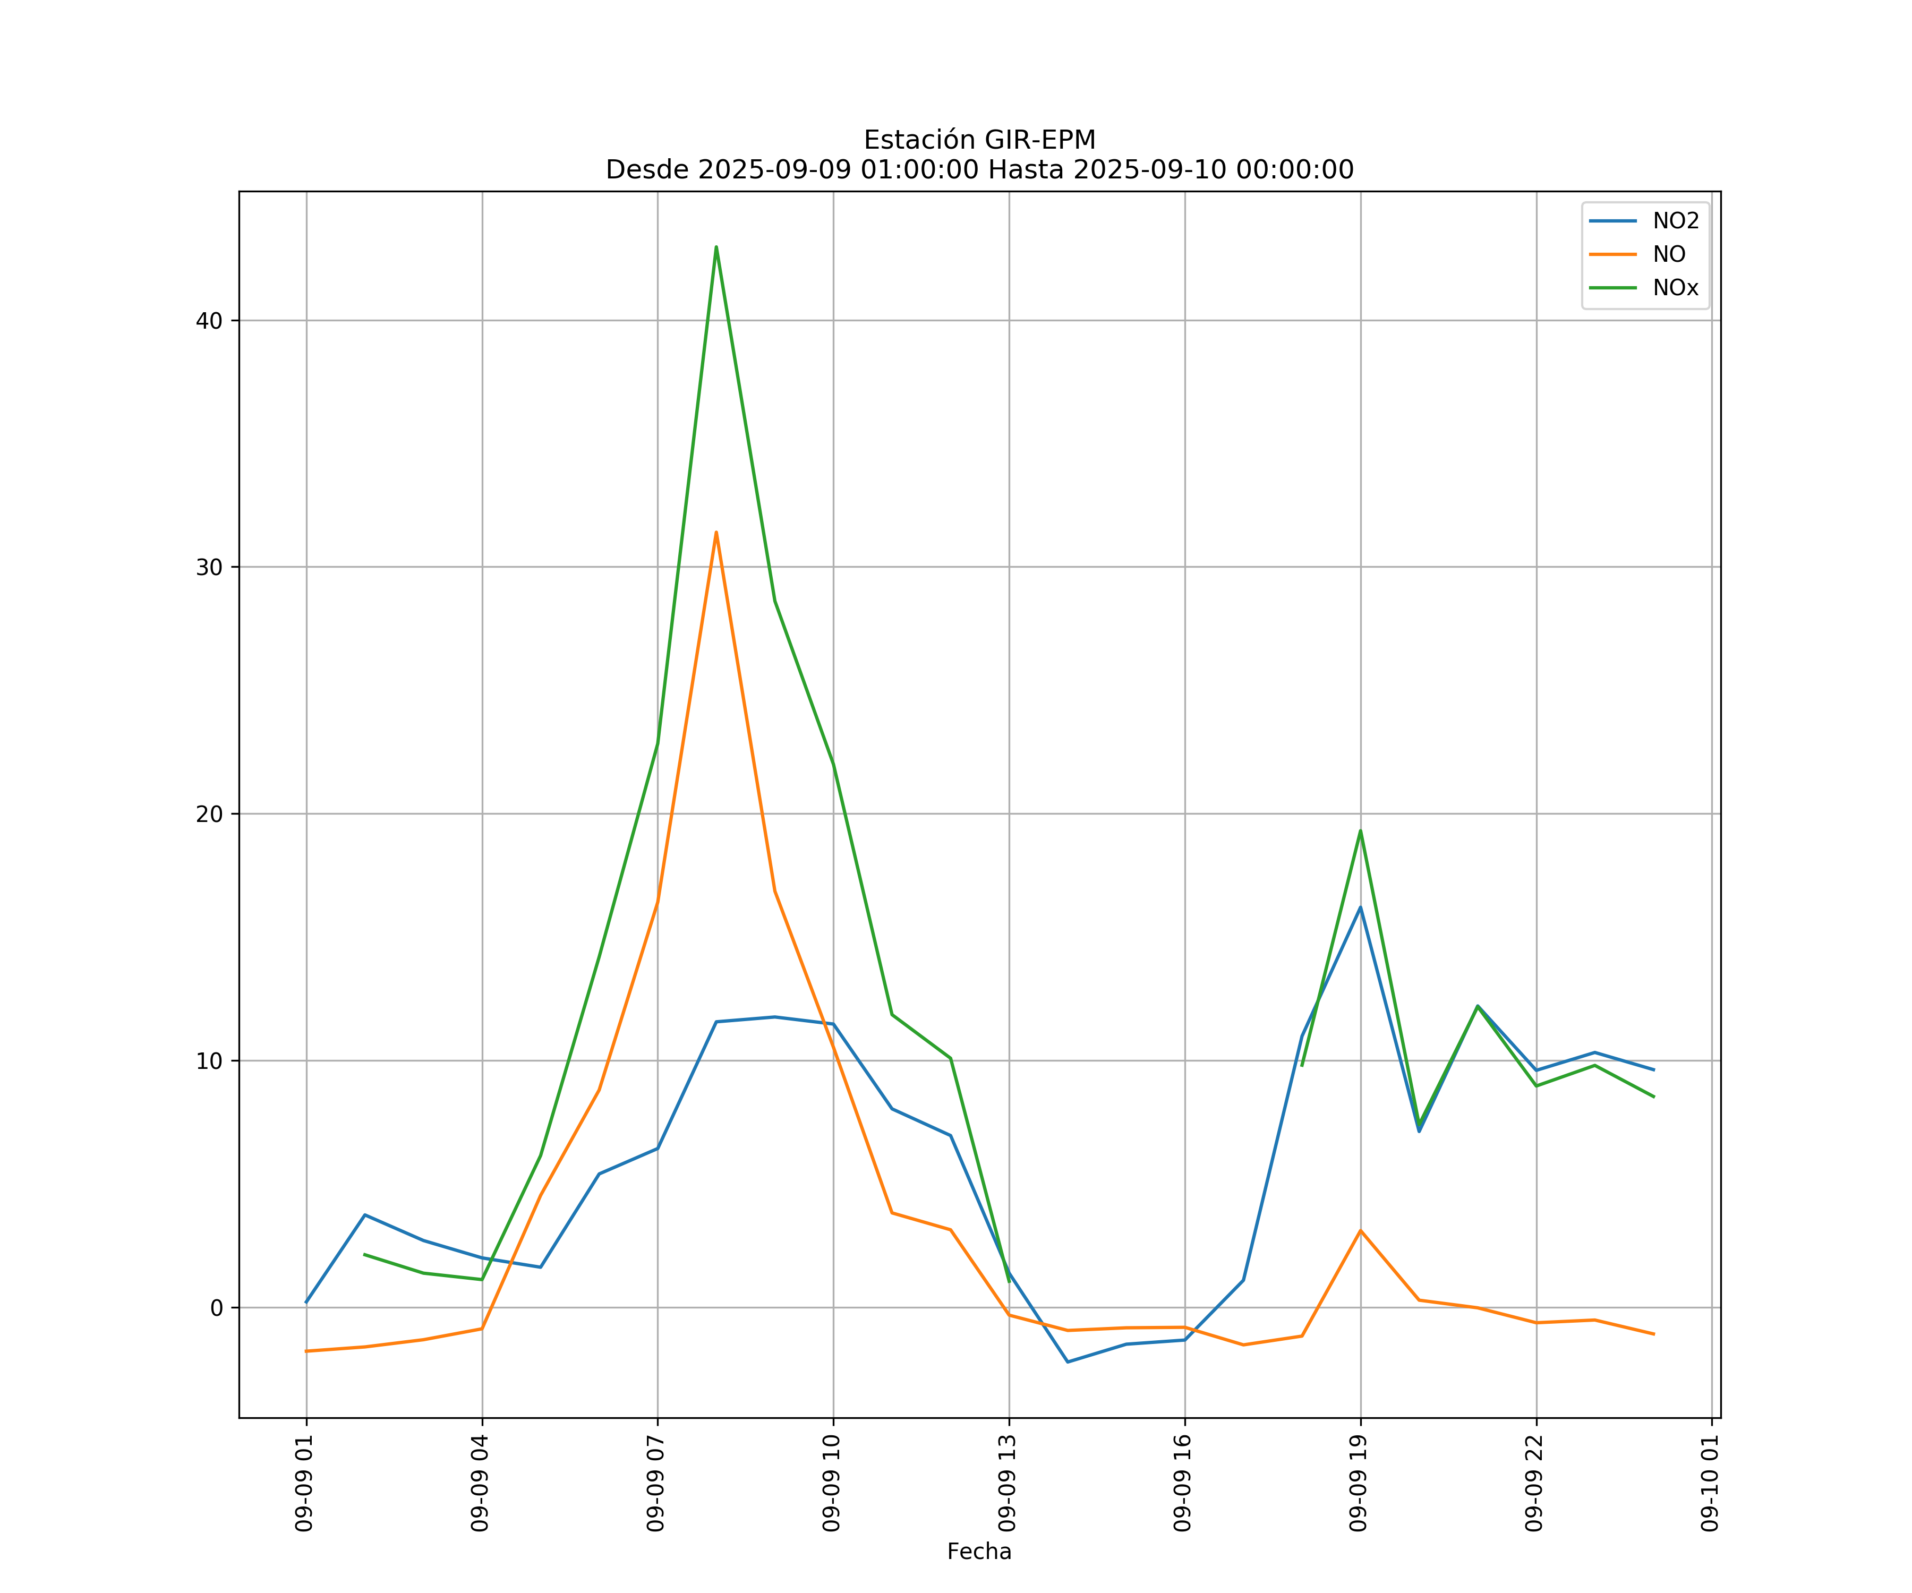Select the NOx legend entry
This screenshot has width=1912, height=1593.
(1675, 288)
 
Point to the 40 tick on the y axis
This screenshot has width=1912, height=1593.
(209, 320)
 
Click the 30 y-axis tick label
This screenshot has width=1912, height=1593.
(209, 567)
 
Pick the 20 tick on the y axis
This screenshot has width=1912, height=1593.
(209, 814)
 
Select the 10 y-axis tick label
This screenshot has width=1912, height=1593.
(209, 1060)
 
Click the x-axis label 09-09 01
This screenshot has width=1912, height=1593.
(304, 1483)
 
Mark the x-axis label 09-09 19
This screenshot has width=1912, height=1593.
(1359, 1483)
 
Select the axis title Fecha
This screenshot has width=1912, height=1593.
(979, 1551)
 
